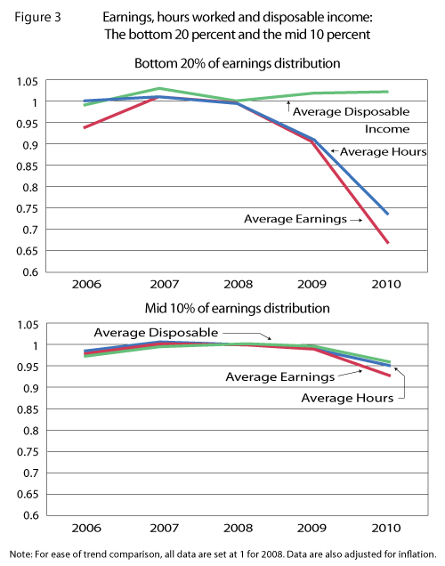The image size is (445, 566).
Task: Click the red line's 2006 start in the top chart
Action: [x=85, y=127]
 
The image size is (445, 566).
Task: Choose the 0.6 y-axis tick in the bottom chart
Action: [x=36, y=515]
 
